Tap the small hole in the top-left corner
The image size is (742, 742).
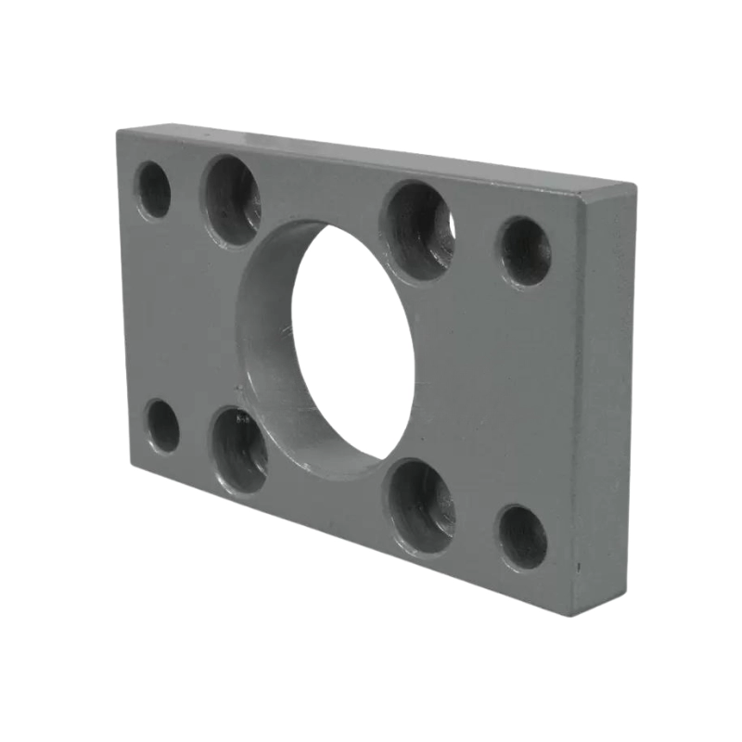154,190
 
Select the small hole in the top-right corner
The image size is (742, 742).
525,251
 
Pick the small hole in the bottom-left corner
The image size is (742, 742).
163,426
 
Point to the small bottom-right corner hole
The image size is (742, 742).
523,537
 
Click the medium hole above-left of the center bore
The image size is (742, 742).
233,200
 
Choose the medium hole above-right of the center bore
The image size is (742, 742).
418,231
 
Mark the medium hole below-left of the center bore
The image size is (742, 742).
239,450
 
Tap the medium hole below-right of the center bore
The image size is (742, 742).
421,505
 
